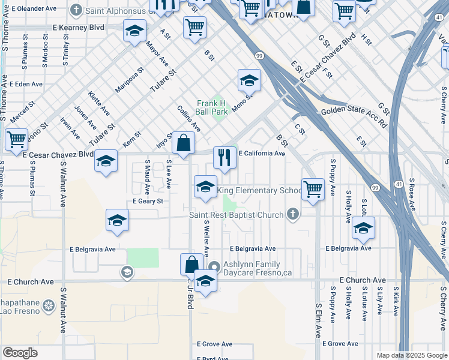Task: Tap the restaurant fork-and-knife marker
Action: pyautogui.click(x=224, y=157)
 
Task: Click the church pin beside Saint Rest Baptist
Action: pyautogui.click(x=292, y=214)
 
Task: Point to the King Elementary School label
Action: pyautogui.click(x=259, y=191)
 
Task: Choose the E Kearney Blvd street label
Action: pyautogui.click(x=78, y=28)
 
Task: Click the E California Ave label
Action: pyautogui.click(x=262, y=154)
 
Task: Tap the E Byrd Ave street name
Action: pyautogui.click(x=214, y=358)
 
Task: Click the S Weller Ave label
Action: pyautogui.click(x=206, y=237)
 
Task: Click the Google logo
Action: pyautogui.click(x=20, y=353)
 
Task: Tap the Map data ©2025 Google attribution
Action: pyautogui.click(x=412, y=355)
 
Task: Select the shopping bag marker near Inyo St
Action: pyautogui.click(x=183, y=143)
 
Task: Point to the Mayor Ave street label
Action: pyautogui.click(x=159, y=53)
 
